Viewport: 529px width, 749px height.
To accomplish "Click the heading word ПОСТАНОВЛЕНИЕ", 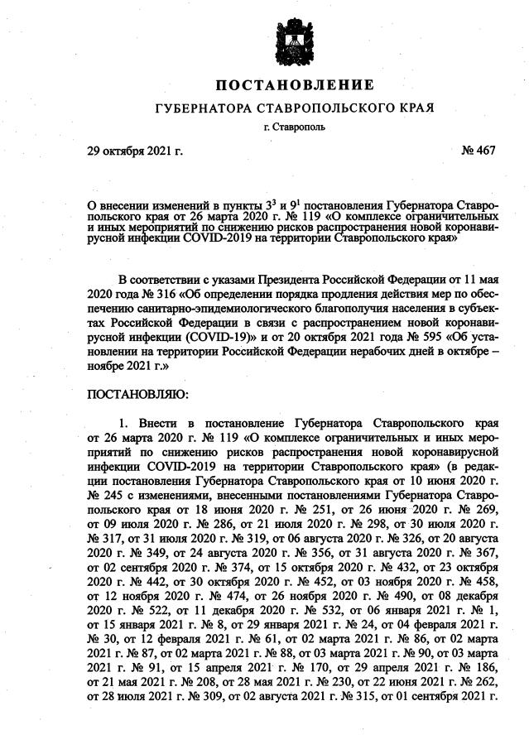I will pos(295,85).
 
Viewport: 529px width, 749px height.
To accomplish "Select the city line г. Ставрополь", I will pos(295,127).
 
